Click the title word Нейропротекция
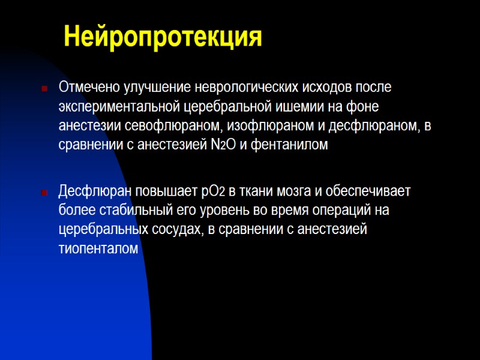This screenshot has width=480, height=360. (x=163, y=37)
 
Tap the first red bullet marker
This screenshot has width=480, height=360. (x=44, y=88)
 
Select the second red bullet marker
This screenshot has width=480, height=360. (x=44, y=193)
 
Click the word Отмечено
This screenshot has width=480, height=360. (x=89, y=87)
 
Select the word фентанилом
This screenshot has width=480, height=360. (x=291, y=145)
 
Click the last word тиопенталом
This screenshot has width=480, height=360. (x=98, y=250)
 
